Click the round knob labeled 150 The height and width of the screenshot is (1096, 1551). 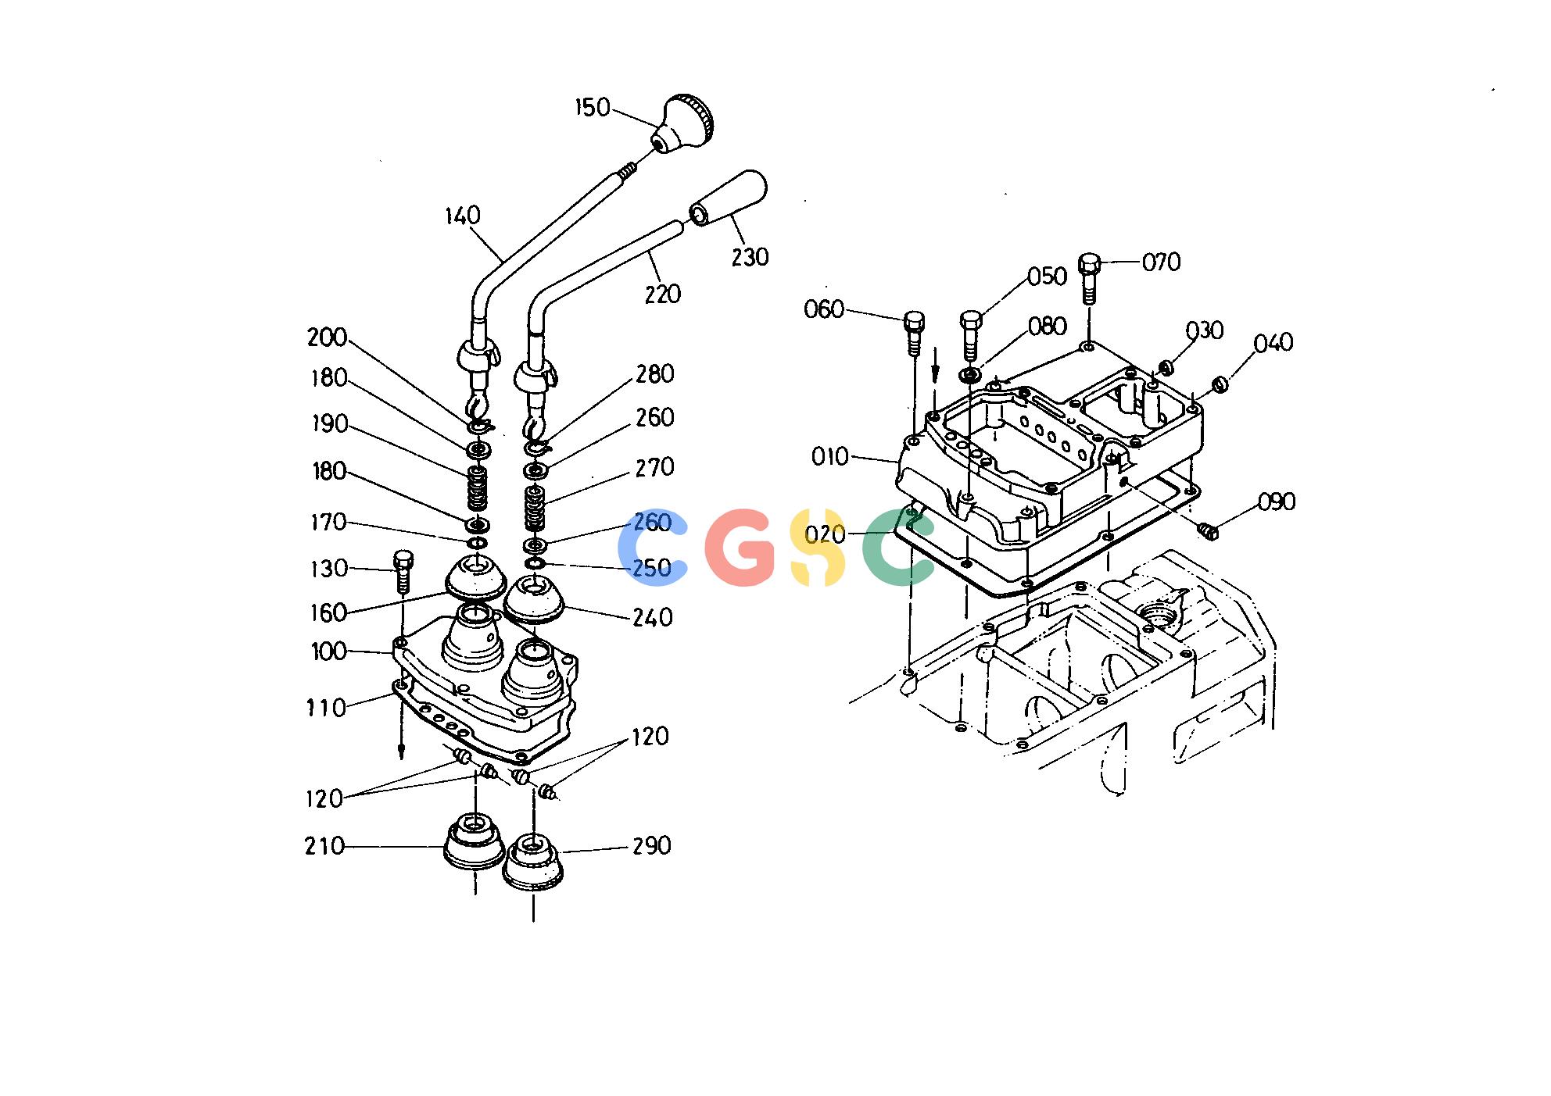[x=682, y=125]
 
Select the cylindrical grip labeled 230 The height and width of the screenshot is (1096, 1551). [x=728, y=198]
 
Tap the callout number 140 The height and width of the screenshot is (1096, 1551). [x=463, y=216]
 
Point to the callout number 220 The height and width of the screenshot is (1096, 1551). [x=663, y=295]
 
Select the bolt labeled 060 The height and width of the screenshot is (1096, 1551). [x=914, y=333]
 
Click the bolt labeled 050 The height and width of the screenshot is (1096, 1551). [x=970, y=336]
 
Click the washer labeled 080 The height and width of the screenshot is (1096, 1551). [x=971, y=376]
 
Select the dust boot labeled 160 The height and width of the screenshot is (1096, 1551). [x=475, y=577]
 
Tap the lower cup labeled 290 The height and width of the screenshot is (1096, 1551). [x=532, y=863]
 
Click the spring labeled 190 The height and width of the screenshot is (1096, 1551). [x=477, y=487]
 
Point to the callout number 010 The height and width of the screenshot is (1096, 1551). [x=830, y=456]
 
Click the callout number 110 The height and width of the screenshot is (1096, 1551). [x=326, y=709]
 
